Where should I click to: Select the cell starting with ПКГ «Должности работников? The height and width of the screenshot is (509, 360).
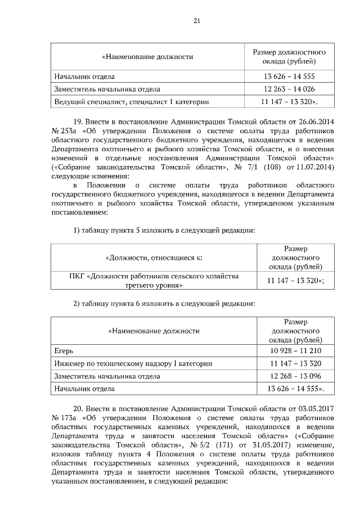154,281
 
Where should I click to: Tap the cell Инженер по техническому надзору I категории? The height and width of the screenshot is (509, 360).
133,363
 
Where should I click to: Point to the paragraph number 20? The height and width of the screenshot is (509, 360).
79,407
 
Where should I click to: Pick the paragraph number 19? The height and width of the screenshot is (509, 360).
79,121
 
